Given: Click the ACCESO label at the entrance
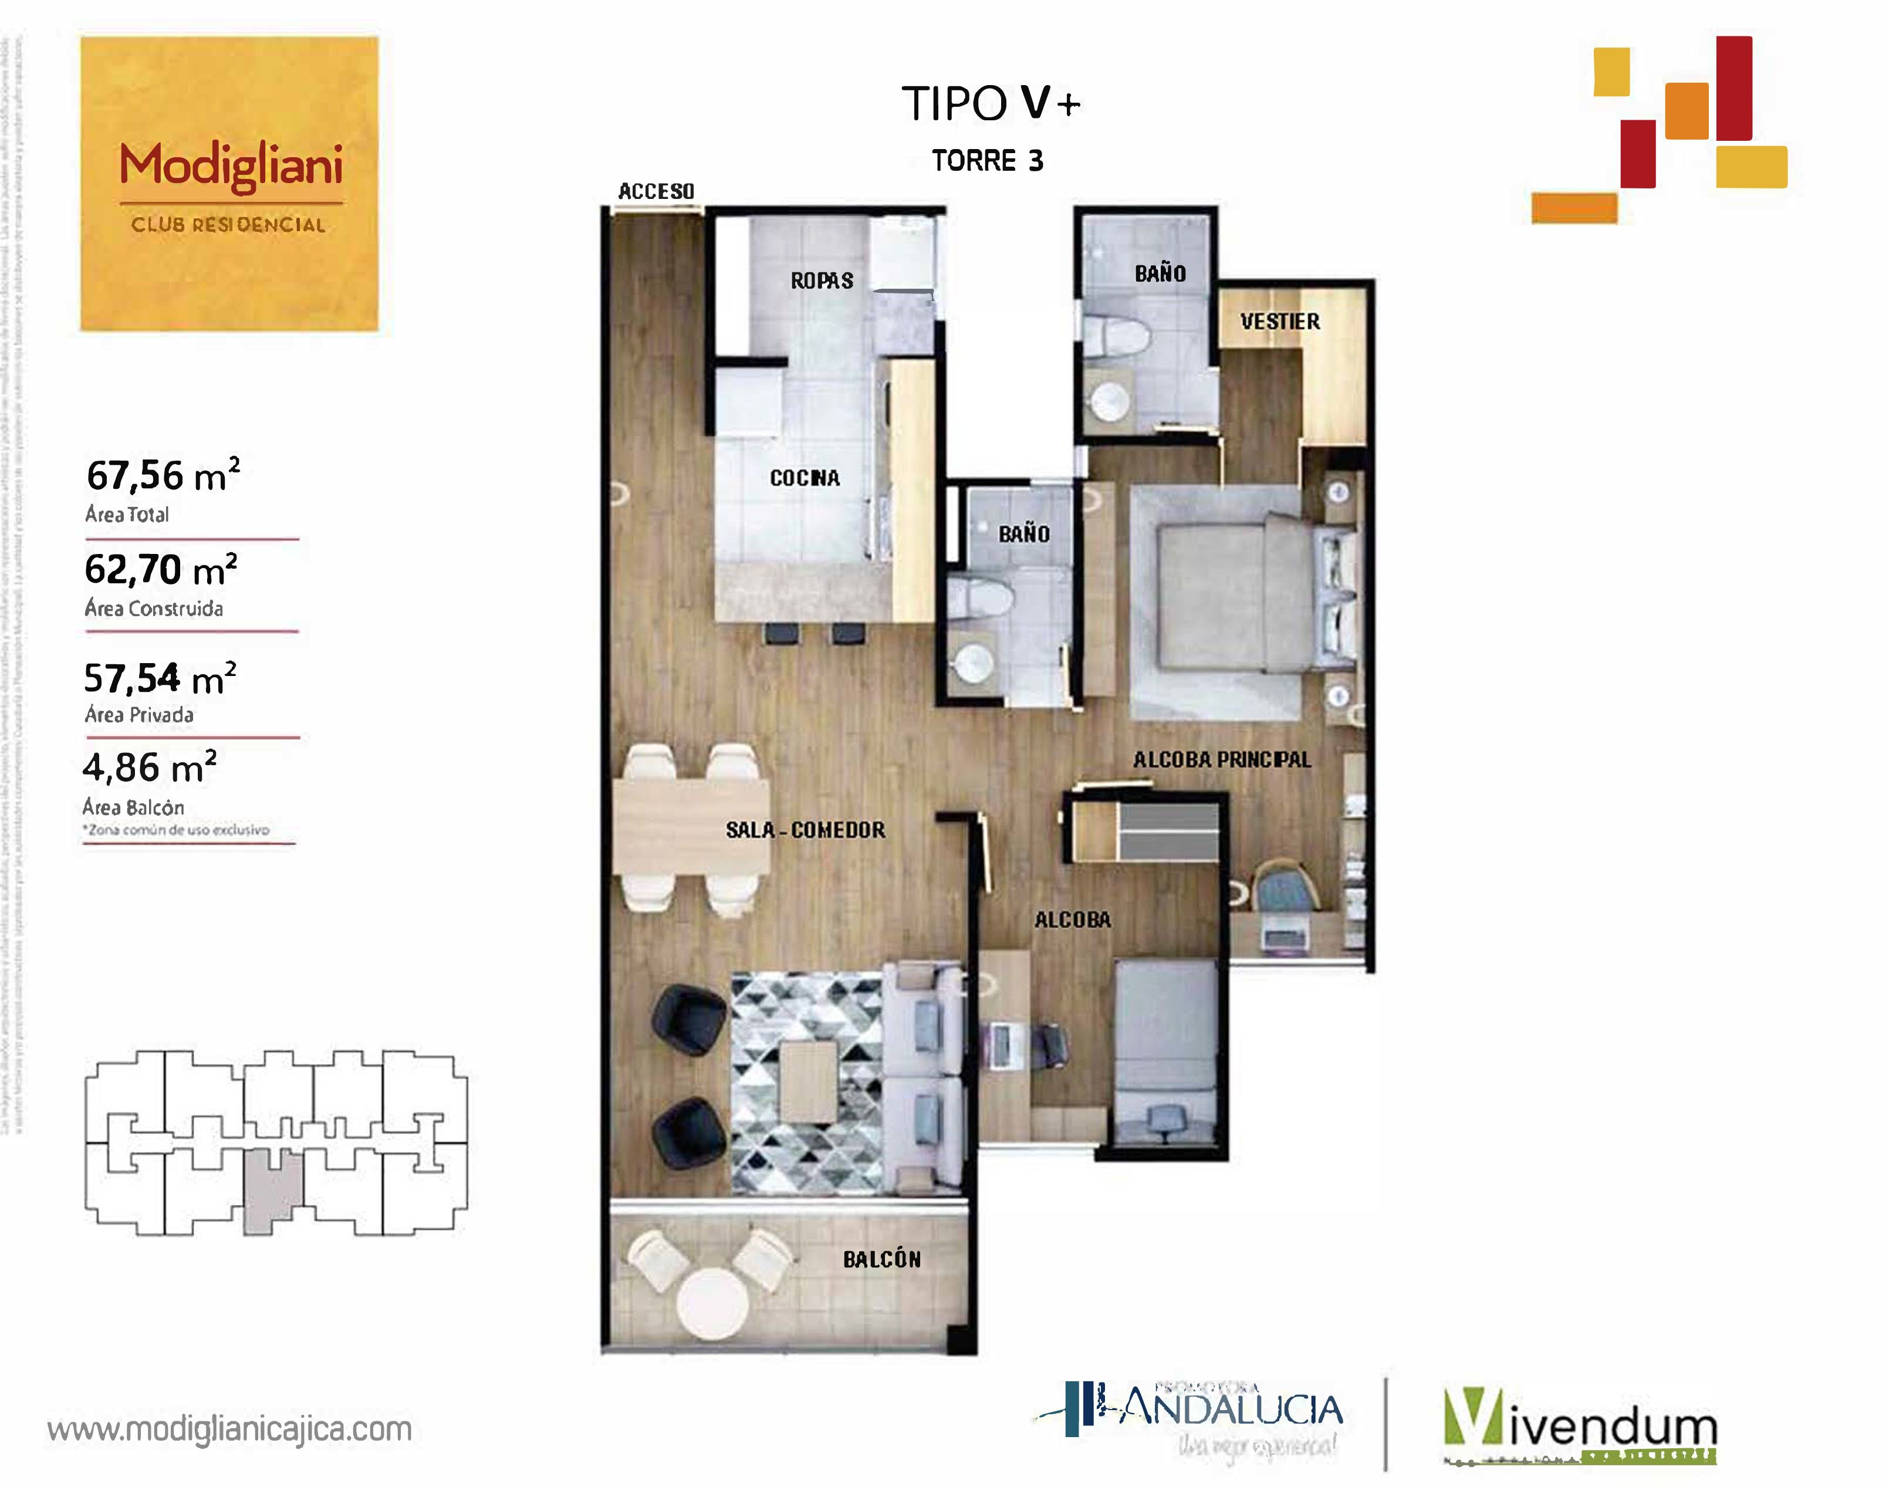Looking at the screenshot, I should pyautogui.click(x=656, y=191).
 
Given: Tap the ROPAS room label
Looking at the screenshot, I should pyautogui.click(x=821, y=280).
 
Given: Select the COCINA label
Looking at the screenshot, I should pyautogui.click(x=805, y=477).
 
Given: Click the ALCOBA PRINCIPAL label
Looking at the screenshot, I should pyautogui.click(x=1221, y=759).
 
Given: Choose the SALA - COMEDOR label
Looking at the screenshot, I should pyautogui.click(x=805, y=830).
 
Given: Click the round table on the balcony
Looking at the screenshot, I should pyautogui.click(x=712, y=1302).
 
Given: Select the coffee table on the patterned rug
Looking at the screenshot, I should pyautogui.click(x=809, y=1082).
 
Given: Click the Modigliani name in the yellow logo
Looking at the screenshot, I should pyautogui.click(x=231, y=165).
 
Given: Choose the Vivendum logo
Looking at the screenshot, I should pyautogui.click(x=1580, y=1428).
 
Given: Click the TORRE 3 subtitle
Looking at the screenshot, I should pyautogui.click(x=987, y=160).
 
